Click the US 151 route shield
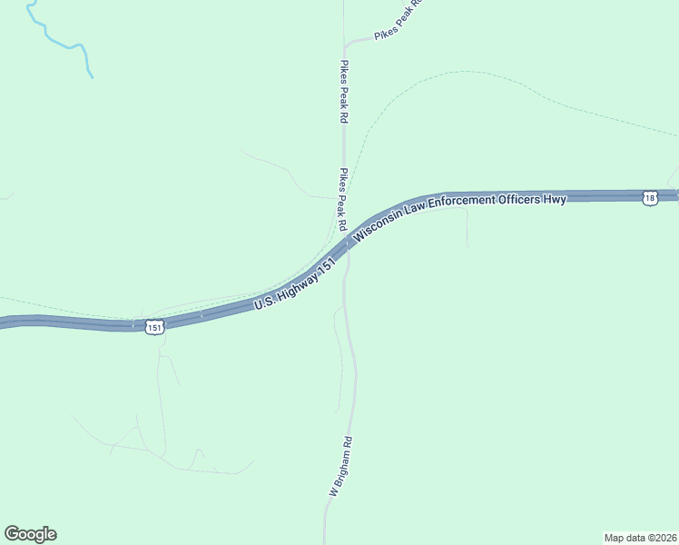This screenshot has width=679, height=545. point(155,326)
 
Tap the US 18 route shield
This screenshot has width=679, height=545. point(649,198)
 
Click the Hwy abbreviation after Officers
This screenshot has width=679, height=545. point(556,199)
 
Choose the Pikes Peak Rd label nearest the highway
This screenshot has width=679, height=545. point(343,198)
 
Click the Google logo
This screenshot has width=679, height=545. point(30,534)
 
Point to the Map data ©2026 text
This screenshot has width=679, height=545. point(639,537)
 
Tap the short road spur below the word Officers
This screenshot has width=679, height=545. point(467,227)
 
